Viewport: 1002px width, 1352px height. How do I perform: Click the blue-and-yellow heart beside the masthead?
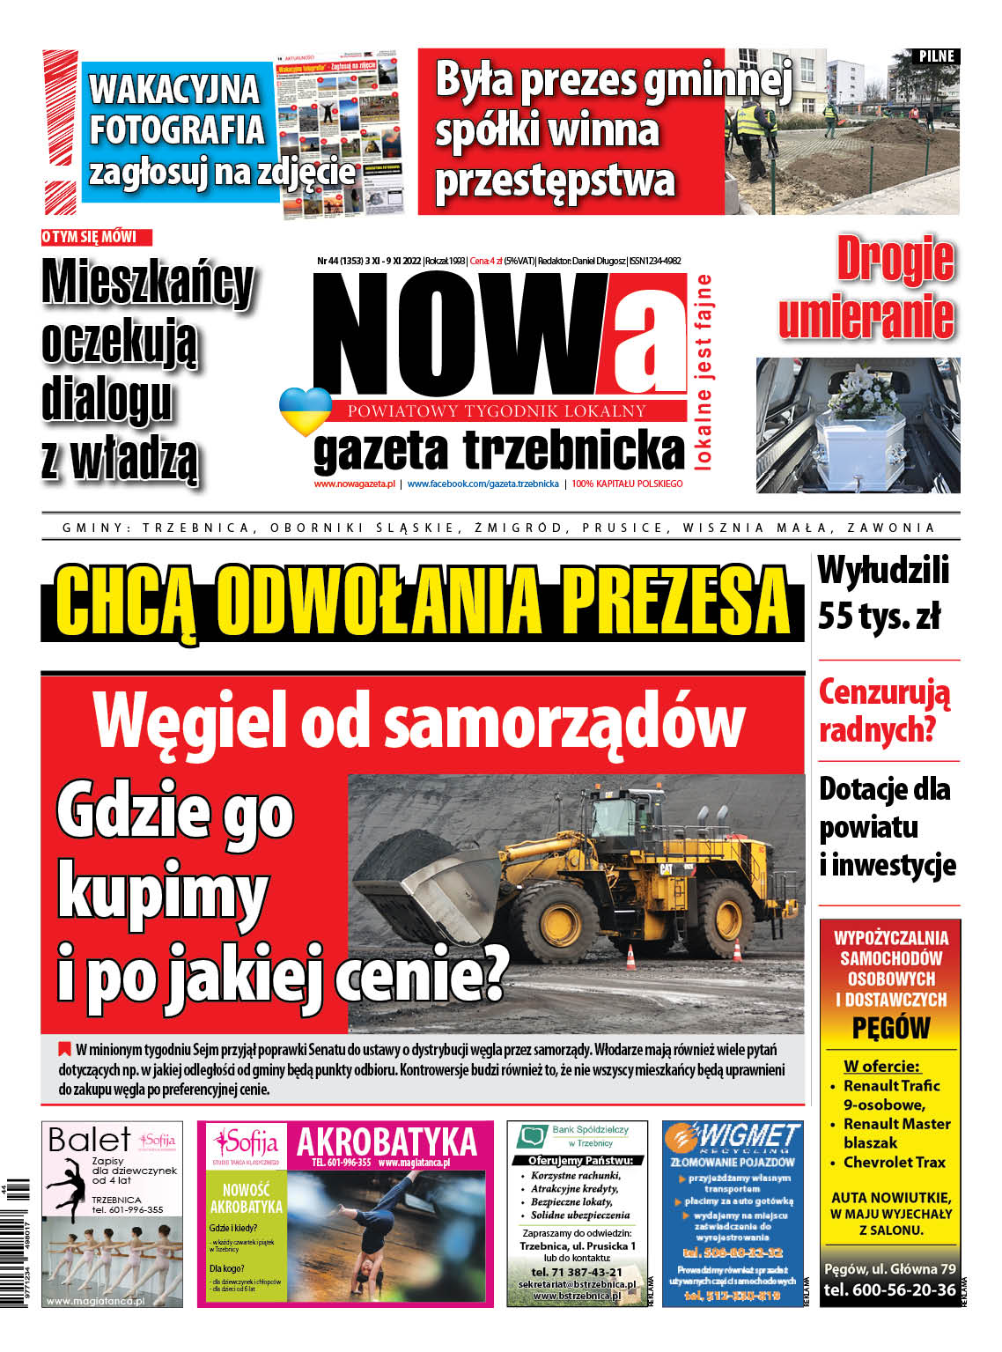[305, 410]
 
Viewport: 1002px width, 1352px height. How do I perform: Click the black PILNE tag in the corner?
[935, 56]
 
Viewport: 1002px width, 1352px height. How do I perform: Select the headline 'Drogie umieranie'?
[866, 287]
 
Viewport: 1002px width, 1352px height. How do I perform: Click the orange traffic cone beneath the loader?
[630, 957]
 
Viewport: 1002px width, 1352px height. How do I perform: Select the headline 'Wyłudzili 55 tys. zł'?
[883, 593]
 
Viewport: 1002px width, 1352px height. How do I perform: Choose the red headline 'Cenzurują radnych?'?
[884, 710]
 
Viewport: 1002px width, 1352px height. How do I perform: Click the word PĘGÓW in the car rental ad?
[890, 1028]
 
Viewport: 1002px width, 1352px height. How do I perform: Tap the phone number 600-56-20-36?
[889, 1290]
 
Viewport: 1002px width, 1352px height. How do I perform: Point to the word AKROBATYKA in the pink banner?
[387, 1142]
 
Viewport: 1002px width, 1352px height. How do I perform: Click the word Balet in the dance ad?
[89, 1140]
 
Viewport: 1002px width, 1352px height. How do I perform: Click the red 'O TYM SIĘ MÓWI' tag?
[96, 237]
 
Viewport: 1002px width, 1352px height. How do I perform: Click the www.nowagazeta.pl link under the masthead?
[354, 484]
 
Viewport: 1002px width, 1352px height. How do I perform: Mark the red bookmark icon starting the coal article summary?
[64, 1049]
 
